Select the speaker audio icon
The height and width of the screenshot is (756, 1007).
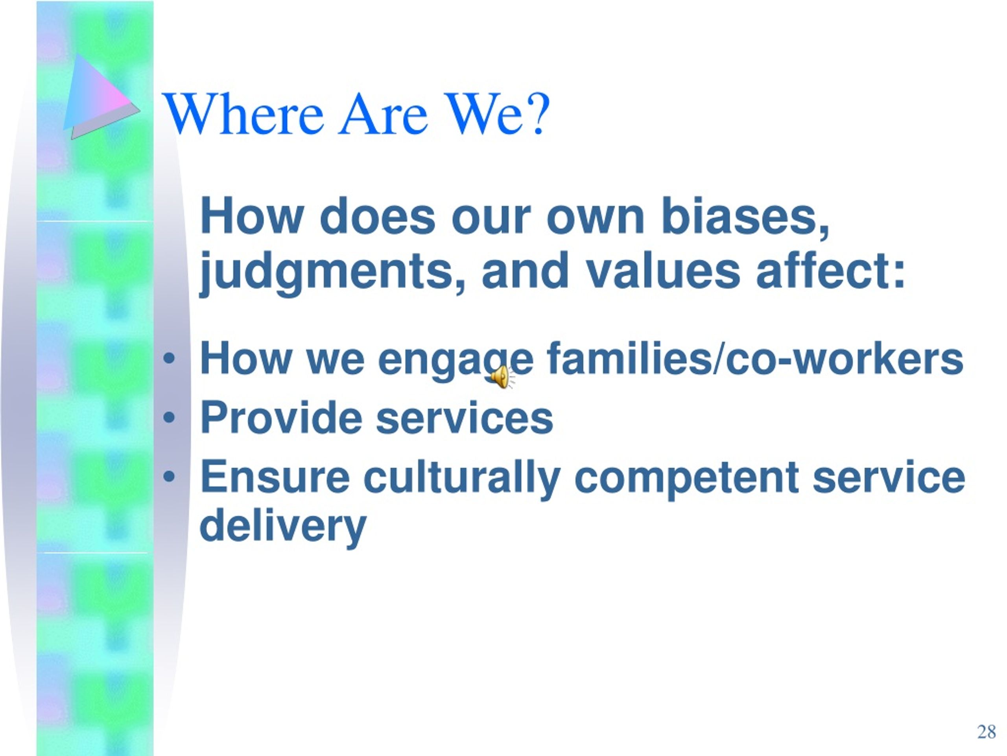click(x=502, y=376)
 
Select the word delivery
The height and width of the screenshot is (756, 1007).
click(x=283, y=526)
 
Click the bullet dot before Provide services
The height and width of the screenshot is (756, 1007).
click(x=169, y=417)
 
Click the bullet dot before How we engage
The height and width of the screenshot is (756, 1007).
click(x=169, y=359)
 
